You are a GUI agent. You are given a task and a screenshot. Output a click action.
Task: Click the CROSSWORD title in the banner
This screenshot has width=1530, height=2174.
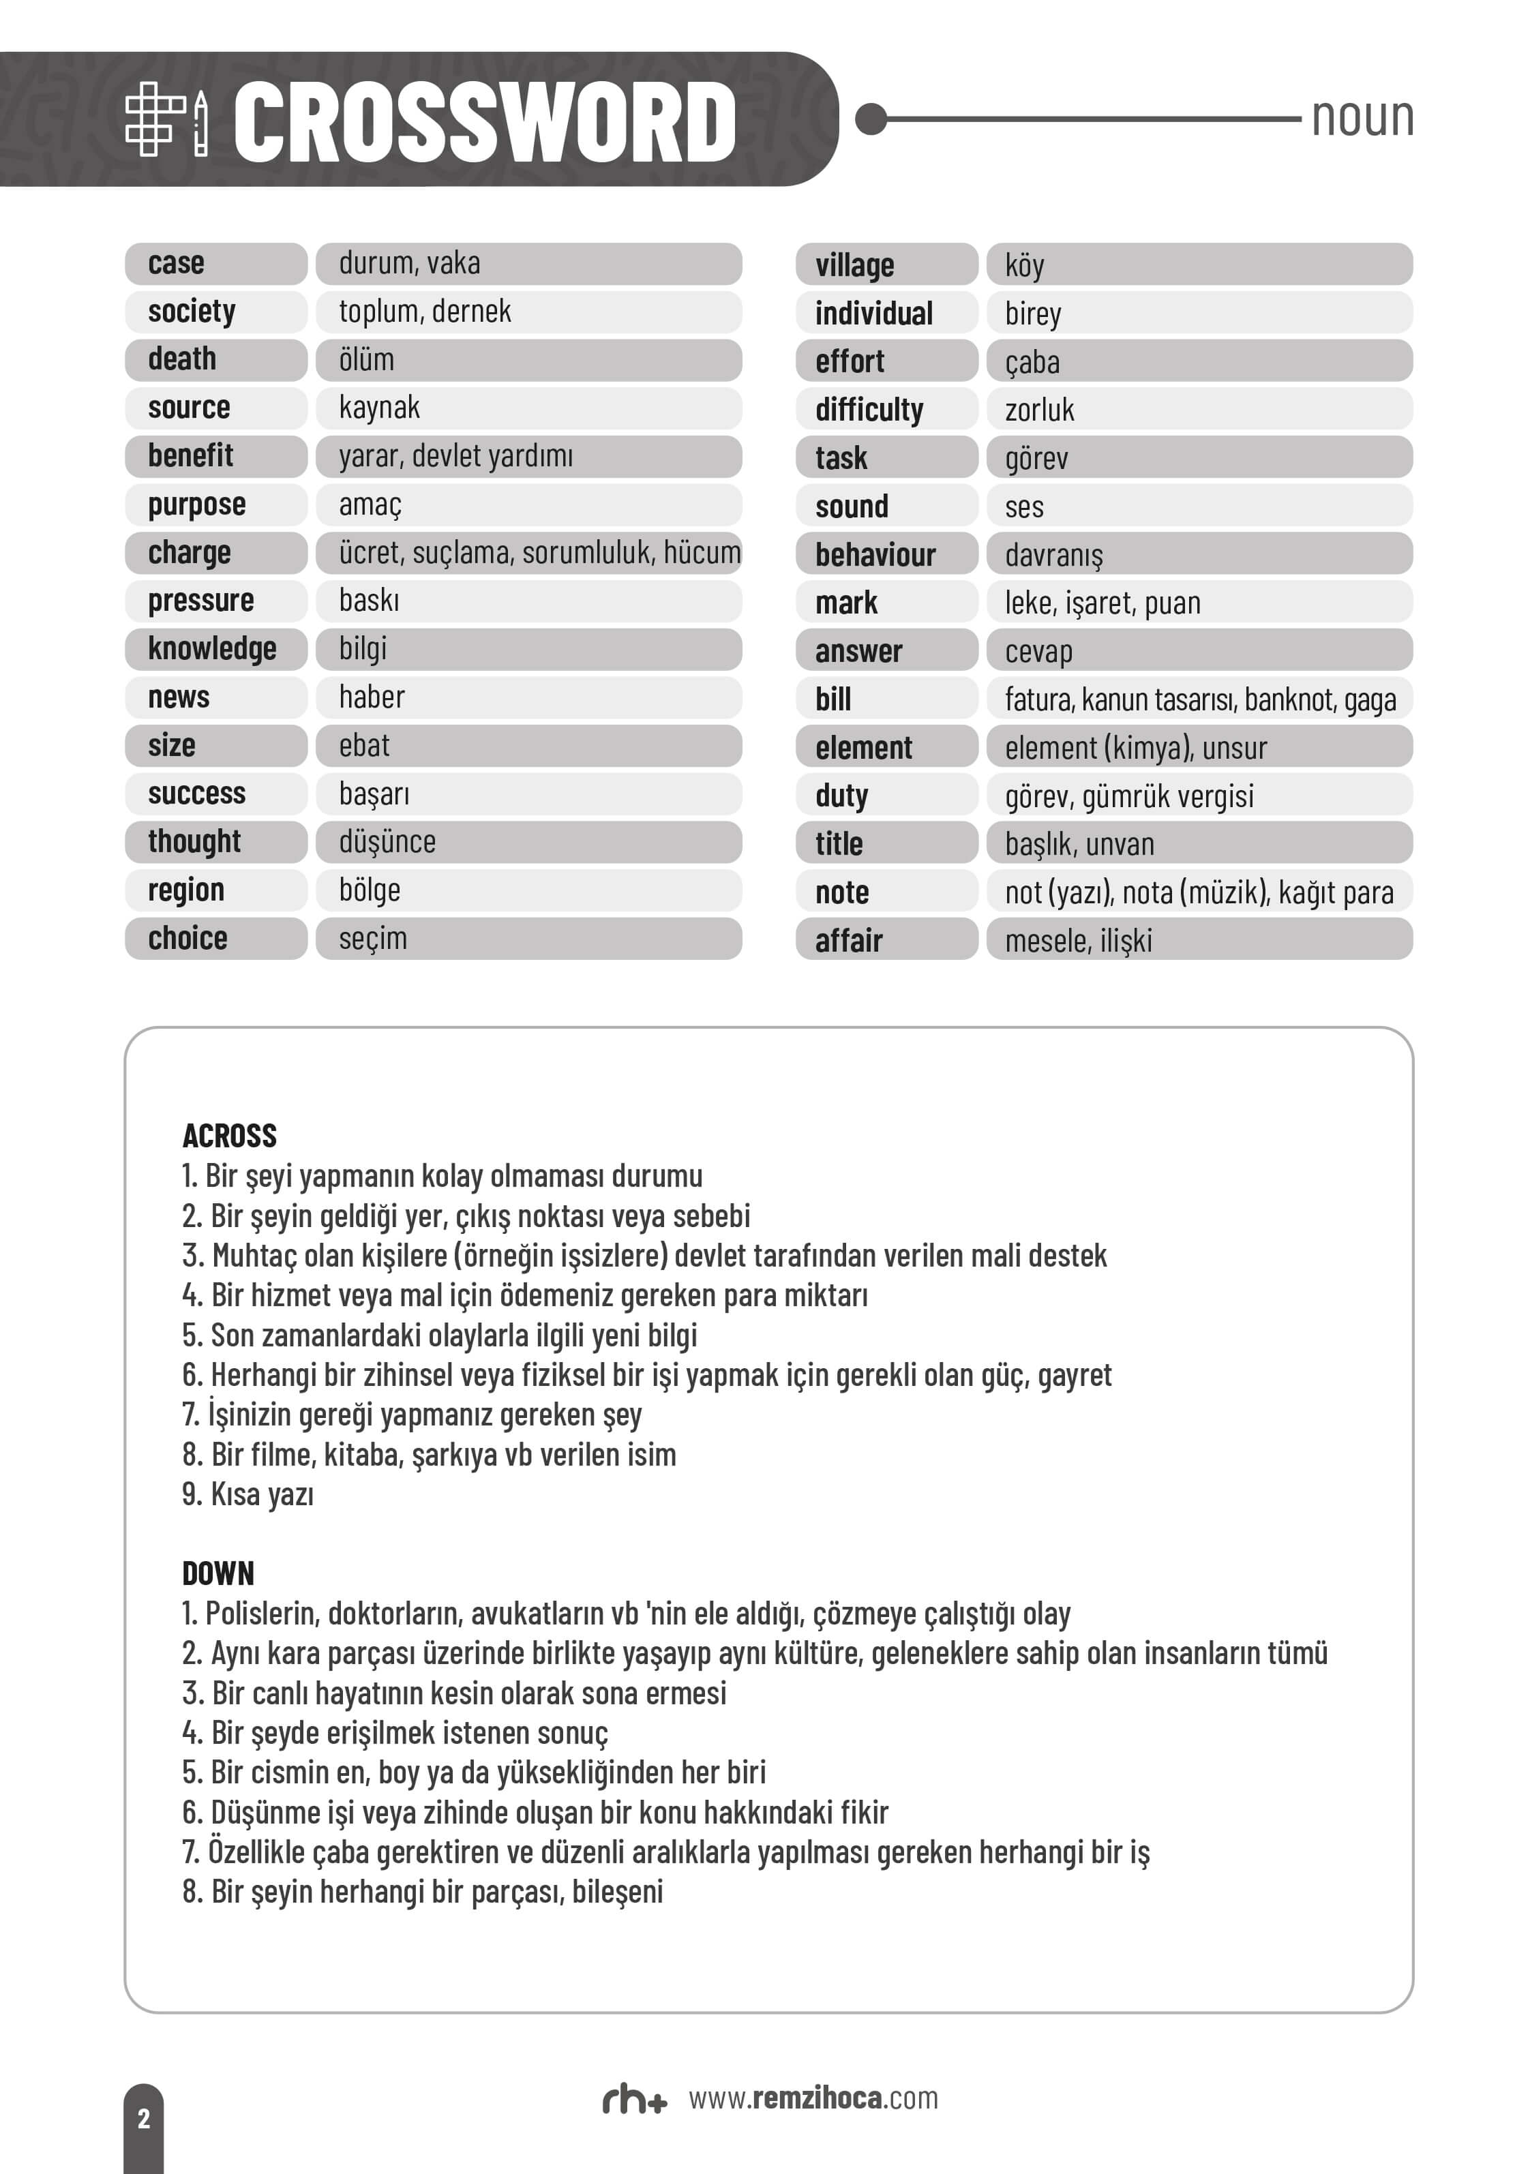[484, 121]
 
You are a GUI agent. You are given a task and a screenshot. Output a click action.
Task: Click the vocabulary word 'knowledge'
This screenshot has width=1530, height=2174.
[212, 648]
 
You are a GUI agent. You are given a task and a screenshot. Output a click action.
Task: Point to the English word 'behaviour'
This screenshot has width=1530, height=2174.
[875, 555]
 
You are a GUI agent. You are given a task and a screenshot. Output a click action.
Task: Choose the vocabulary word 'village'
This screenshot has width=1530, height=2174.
[854, 265]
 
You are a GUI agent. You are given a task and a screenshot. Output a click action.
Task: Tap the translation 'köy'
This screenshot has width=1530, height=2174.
[1024, 265]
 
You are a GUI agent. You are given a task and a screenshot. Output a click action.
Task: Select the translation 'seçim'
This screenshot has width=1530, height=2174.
[373, 938]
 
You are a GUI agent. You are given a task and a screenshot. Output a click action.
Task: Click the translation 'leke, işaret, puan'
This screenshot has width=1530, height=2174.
[1102, 603]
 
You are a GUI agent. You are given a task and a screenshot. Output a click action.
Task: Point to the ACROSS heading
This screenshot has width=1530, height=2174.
[229, 1135]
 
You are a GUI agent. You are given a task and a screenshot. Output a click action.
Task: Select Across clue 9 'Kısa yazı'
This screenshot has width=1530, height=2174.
[248, 1494]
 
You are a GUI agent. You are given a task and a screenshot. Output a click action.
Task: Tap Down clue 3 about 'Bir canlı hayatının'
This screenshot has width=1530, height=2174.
[455, 1692]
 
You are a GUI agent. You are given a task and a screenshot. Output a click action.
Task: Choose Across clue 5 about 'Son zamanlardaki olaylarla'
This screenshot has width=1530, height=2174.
[439, 1335]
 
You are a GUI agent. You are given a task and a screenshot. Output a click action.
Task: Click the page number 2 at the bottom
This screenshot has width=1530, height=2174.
[144, 2118]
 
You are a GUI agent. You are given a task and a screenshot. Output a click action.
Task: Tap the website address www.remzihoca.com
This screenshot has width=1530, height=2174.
[812, 2098]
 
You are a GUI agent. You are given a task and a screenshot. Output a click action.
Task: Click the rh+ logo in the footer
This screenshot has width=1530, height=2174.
[634, 2100]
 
